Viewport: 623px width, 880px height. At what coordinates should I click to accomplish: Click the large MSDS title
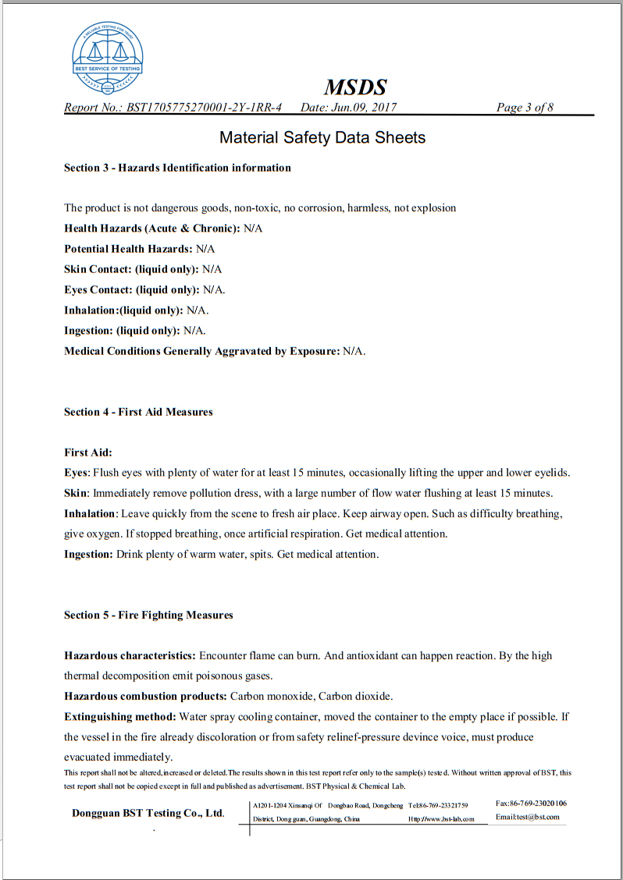[x=355, y=87]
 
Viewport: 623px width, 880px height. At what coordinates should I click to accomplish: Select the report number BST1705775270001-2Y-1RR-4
[x=205, y=108]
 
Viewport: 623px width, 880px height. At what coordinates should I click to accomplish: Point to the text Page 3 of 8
[x=525, y=108]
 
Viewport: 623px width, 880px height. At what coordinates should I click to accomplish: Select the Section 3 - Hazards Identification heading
[x=177, y=168]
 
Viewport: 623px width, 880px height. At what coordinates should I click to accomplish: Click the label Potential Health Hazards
[x=128, y=249]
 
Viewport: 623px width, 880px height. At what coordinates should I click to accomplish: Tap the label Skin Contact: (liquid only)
[x=131, y=269]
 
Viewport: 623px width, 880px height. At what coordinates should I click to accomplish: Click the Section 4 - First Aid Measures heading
[x=138, y=412]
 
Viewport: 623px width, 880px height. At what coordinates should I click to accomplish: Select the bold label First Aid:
[x=88, y=452]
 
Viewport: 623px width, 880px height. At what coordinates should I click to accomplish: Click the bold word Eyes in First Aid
[x=76, y=473]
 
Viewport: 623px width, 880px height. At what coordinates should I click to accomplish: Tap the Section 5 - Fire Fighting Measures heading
[x=148, y=616]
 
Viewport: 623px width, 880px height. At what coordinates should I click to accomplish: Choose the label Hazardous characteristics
[x=130, y=656]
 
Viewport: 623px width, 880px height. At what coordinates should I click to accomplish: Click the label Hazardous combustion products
[x=145, y=696]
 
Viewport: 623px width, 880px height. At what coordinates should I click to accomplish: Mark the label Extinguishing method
[x=120, y=716]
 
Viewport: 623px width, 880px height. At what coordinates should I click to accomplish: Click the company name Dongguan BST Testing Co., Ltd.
[x=148, y=813]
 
